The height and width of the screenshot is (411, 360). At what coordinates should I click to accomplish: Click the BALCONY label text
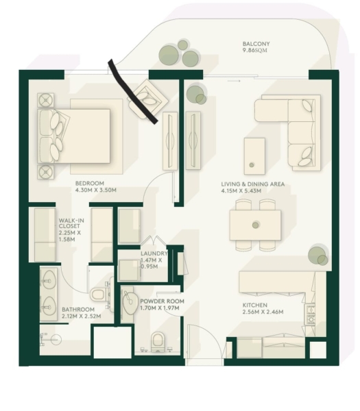click(256, 44)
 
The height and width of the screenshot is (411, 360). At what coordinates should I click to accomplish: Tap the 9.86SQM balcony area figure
click(255, 51)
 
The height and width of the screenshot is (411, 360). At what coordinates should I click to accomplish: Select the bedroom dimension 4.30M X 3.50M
click(96, 190)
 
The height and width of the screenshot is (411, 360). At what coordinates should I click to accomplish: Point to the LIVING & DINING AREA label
click(252, 184)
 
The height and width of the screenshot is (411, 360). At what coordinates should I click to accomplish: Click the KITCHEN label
click(255, 305)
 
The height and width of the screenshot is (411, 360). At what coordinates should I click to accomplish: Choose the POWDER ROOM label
click(162, 301)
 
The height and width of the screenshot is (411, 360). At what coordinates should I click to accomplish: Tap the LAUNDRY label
click(154, 253)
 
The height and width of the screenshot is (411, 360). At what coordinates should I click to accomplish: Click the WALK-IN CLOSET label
click(71, 223)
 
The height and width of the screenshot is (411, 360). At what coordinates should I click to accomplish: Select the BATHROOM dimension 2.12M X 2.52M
click(82, 316)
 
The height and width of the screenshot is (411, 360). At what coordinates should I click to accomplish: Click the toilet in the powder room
click(158, 342)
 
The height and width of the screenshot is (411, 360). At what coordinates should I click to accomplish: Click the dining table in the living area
click(255, 225)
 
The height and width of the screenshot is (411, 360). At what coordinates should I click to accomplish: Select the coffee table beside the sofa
click(254, 156)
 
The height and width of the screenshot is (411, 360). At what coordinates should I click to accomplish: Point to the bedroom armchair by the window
click(148, 99)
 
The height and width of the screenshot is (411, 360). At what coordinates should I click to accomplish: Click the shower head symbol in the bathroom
click(56, 340)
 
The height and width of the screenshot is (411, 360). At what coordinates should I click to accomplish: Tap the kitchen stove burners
click(311, 314)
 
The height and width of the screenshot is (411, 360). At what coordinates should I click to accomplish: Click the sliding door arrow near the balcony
click(234, 81)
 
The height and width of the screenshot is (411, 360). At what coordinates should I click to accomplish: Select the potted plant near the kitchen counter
click(318, 256)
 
